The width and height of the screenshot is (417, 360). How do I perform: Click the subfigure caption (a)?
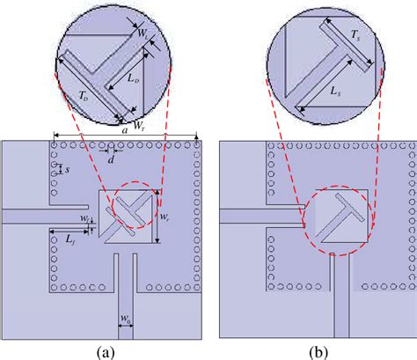coord(106,350)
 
